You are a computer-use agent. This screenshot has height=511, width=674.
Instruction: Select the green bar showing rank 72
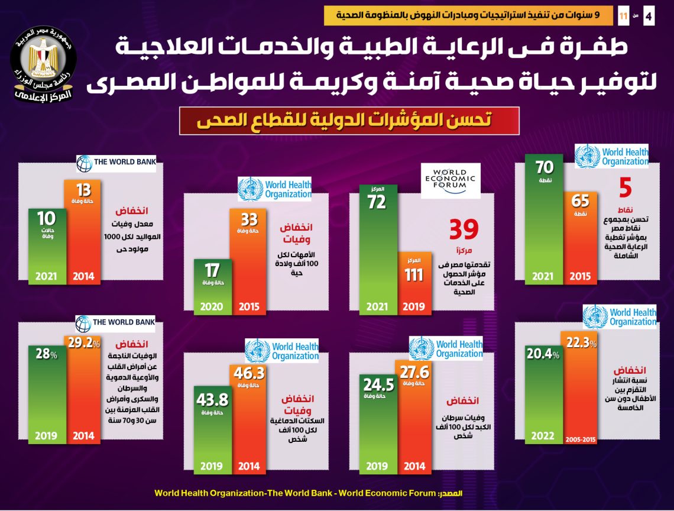click(x=377, y=248)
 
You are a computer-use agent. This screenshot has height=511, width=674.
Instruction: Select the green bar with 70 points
click(x=544, y=219)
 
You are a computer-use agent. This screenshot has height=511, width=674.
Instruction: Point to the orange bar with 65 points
click(x=580, y=237)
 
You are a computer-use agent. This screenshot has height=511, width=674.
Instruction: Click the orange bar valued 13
click(x=83, y=231)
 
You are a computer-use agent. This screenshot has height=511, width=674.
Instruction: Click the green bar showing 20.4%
click(x=543, y=393)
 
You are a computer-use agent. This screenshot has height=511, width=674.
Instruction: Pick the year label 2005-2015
click(x=581, y=440)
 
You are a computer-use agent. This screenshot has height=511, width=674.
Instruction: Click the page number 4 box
click(x=649, y=17)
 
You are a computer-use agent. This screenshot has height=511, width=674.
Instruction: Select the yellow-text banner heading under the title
click(x=349, y=121)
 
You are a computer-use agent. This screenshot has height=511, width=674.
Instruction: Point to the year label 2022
click(x=543, y=436)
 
